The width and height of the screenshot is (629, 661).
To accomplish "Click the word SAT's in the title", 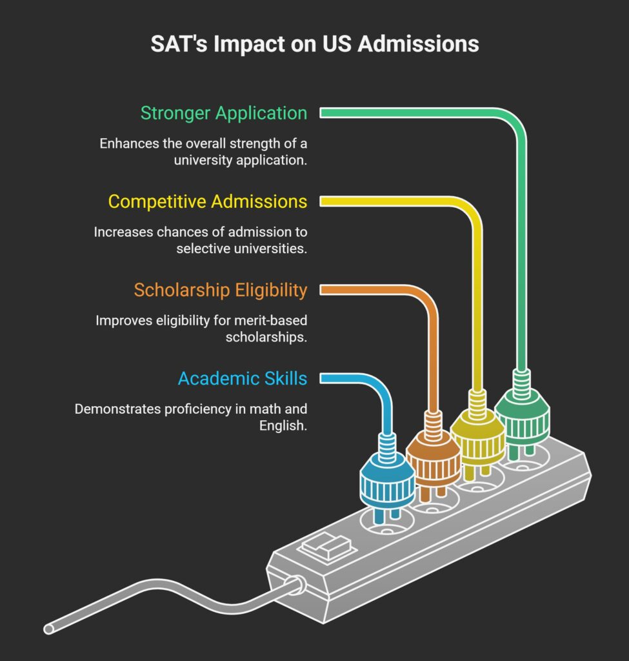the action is [179, 44].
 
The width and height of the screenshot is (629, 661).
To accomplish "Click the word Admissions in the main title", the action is [418, 44].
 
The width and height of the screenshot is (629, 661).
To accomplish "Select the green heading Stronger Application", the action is [224, 114].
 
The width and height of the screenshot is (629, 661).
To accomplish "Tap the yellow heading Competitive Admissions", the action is [208, 201].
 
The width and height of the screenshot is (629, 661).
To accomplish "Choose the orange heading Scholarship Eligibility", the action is [221, 290].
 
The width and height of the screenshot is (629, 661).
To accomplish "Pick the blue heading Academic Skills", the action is [243, 378].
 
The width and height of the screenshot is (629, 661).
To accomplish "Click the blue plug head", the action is [387, 480].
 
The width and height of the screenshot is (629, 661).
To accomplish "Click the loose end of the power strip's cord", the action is [49, 629].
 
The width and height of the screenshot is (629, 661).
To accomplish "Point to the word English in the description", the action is [283, 426].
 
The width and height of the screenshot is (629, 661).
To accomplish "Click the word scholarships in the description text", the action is [266, 337].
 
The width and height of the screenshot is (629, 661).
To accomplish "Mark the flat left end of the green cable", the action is [321, 113].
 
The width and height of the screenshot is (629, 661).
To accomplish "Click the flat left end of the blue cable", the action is [321, 378].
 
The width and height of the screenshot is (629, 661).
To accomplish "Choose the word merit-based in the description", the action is [270, 320].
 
